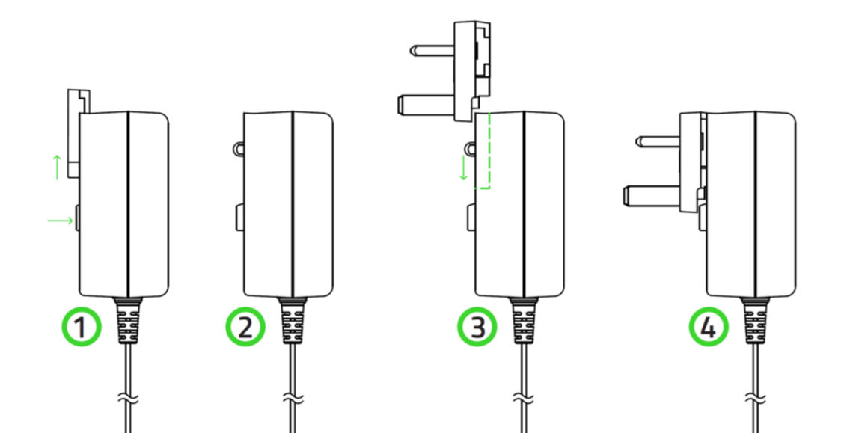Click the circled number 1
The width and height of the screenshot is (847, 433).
tap(80, 326)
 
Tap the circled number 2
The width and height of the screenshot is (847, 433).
tap(246, 326)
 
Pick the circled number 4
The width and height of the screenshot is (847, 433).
tap(709, 326)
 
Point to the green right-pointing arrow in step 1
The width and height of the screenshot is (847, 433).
tap(61, 220)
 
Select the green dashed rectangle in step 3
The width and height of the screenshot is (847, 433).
tap(482, 150)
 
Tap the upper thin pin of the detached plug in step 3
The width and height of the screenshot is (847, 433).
tap(431, 51)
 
